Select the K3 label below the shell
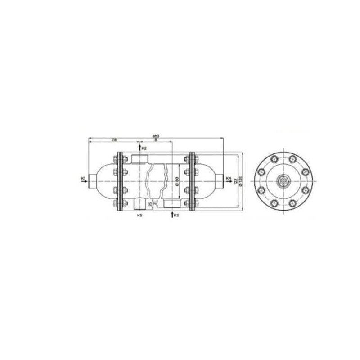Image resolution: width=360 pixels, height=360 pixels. click(177, 216)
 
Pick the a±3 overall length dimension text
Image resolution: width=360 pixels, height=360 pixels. click(156, 135)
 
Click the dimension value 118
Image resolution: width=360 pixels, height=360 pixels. click(114, 141)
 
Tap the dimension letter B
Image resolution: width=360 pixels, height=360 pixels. click(155, 141)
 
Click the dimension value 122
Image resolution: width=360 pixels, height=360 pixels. click(235, 180)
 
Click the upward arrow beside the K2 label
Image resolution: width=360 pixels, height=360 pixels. click(139, 148)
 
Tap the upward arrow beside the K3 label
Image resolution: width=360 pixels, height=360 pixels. click(172, 215)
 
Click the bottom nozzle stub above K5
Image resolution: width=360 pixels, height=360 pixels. click(139, 204)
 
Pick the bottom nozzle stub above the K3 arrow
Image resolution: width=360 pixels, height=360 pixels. click(171, 204)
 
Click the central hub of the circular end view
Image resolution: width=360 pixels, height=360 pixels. click(283, 181)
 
